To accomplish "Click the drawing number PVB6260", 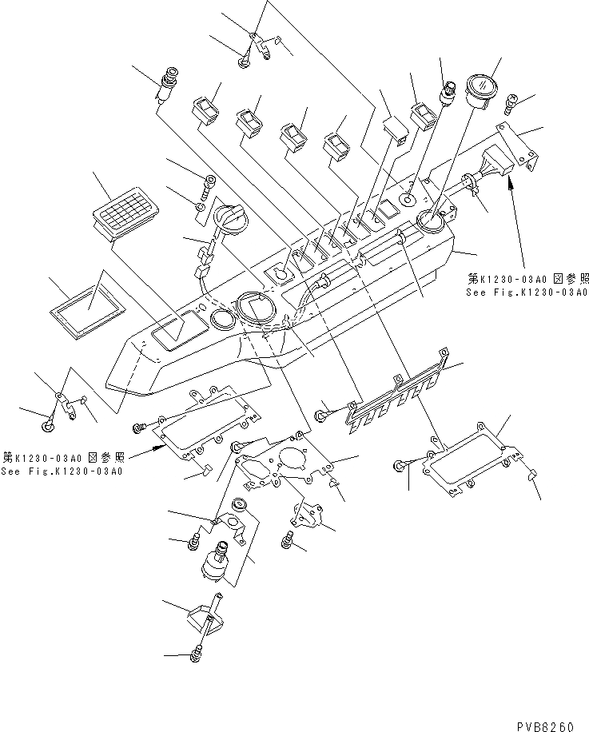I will pyautogui.click(x=547, y=726).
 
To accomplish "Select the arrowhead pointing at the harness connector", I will pyautogui.click(x=509, y=185).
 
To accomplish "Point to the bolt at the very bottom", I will pyautogui.click(x=196, y=655).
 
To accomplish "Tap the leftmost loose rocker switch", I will pyautogui.click(x=205, y=110).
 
